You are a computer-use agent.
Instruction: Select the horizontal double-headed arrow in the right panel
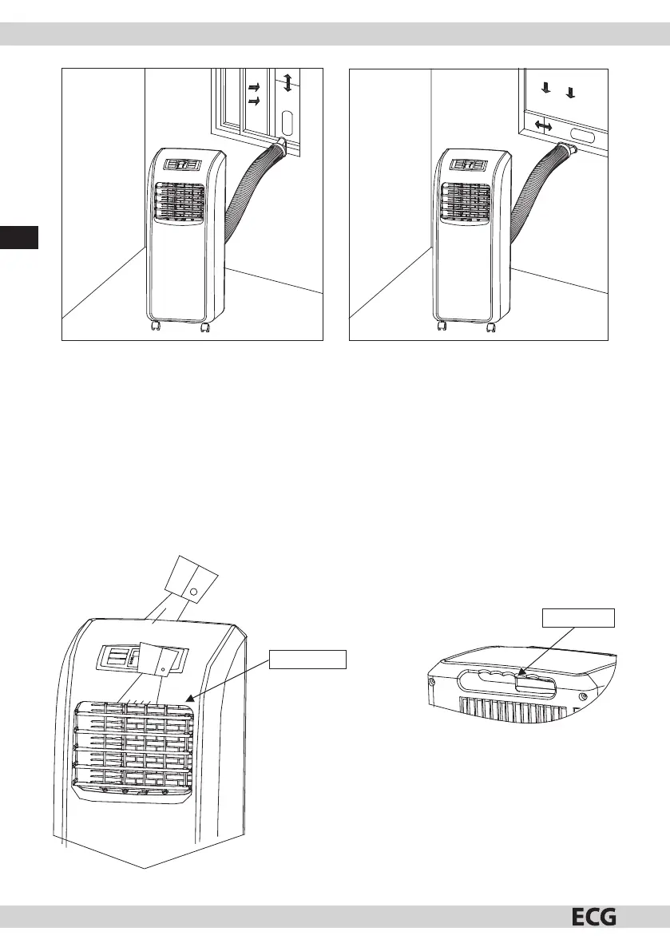[x=545, y=126]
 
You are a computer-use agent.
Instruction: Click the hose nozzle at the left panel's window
[x=282, y=145]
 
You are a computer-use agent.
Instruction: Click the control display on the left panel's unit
[x=183, y=166]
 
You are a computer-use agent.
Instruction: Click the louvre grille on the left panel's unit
[x=180, y=203]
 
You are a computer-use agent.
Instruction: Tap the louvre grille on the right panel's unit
[x=467, y=204]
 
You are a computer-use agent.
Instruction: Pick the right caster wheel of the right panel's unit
[x=493, y=327]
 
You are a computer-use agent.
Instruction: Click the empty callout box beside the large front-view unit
[x=307, y=659]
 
